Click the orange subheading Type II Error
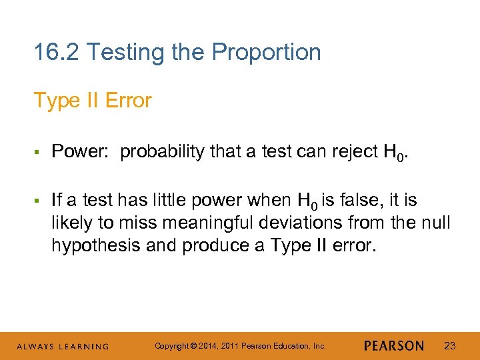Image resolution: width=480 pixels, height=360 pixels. [93, 101]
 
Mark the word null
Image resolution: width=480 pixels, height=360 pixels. [437, 223]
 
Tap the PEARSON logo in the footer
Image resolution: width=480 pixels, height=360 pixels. [394, 346]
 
